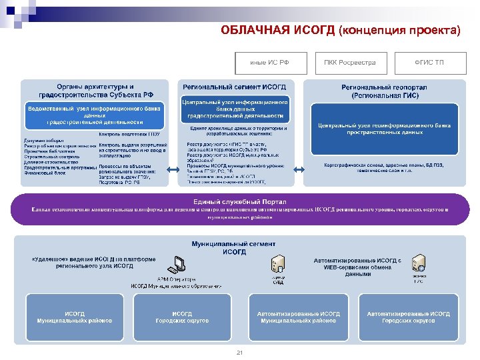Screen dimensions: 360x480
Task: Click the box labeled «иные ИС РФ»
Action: [x=269, y=62]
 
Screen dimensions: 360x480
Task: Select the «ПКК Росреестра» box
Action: [x=350, y=62]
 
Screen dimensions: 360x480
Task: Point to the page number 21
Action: [x=241, y=352]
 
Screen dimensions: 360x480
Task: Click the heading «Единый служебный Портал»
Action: [x=239, y=202]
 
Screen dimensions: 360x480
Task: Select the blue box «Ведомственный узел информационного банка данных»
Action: [x=94, y=115]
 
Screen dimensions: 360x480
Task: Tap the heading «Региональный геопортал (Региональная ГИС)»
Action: [x=384, y=91]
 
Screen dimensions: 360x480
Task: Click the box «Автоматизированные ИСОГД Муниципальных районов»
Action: [x=298, y=317]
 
